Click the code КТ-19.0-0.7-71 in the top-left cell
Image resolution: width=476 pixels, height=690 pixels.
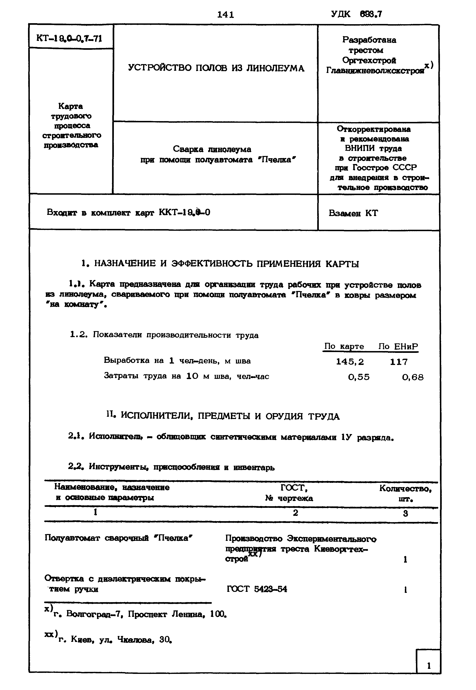69,38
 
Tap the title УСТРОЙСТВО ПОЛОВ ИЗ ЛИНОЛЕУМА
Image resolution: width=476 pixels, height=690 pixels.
216,68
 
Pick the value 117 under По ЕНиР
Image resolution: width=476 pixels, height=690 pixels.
399,362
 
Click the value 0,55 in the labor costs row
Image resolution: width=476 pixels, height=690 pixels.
359,377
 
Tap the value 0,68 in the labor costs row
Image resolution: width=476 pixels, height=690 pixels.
413,377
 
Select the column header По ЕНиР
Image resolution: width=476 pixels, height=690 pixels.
398,346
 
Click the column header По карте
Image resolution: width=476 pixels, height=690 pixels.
344,346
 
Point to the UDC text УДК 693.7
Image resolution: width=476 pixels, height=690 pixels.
356,14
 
